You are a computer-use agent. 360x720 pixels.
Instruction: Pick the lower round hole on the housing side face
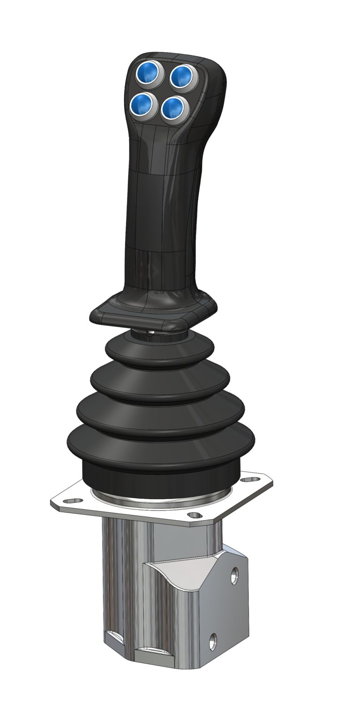click(x=213, y=639)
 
